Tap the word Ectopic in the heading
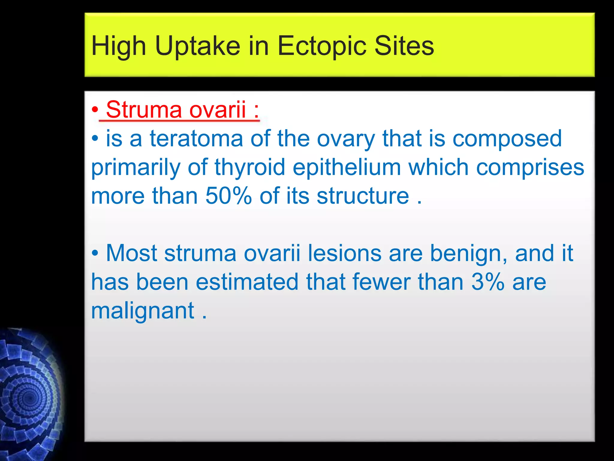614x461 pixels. tap(322, 46)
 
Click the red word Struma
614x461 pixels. tap(144, 109)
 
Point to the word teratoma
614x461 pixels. tap(196, 139)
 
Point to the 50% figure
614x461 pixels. tap(228, 196)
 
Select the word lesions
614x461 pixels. tap(344, 253)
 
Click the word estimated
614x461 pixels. tap(247, 282)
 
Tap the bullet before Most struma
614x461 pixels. tap(95, 253)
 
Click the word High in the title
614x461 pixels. tap(119, 47)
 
